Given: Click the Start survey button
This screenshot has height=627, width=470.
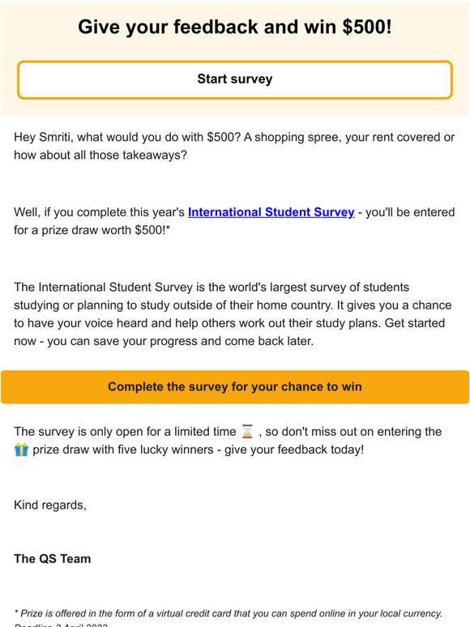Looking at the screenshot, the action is tap(234, 79).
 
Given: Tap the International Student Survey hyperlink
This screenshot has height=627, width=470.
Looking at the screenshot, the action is tap(271, 212).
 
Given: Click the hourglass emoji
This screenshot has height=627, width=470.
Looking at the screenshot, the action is tap(248, 432).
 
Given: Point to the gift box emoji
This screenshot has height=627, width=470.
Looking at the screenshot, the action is tap(21, 450).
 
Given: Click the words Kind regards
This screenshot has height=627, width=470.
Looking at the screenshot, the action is tap(49, 505).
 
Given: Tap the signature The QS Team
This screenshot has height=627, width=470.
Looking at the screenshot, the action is tap(53, 559).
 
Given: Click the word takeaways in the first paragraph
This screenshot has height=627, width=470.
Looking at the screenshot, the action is tap(151, 155).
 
